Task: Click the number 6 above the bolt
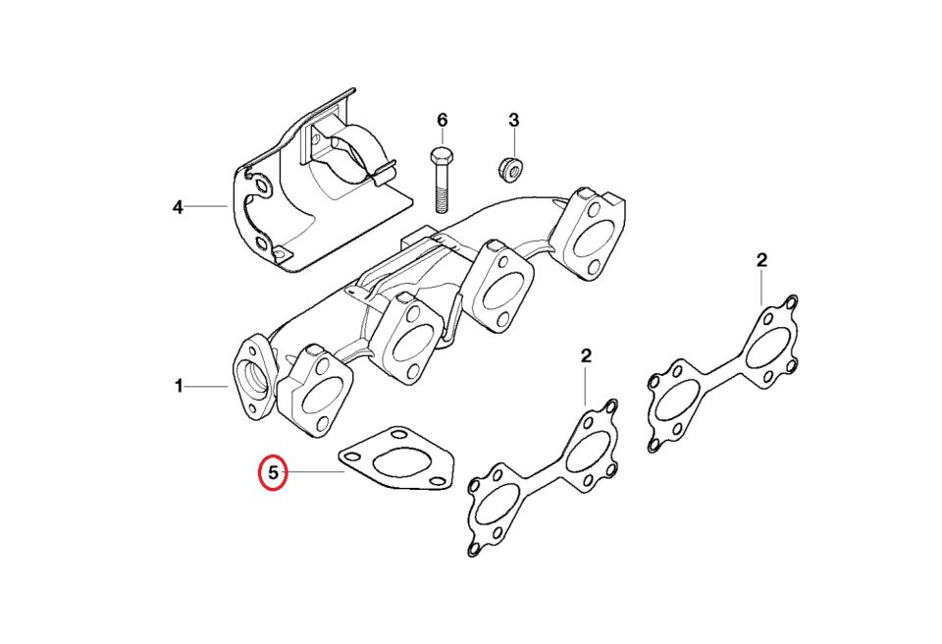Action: pos(442,120)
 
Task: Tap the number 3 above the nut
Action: pos(513,120)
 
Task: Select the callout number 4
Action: pos(178,207)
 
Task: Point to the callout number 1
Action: pos(179,387)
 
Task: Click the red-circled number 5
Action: pos(274,473)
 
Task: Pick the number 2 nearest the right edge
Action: pos(762,260)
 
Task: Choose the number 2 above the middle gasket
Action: pos(586,354)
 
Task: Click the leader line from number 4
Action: pos(206,207)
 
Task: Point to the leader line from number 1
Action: pos(207,387)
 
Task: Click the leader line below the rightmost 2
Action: pos(762,288)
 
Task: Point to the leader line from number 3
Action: pos(513,141)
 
